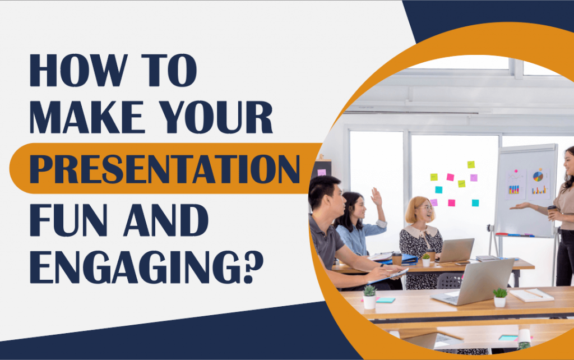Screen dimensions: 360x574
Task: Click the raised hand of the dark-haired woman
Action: (x=377, y=197)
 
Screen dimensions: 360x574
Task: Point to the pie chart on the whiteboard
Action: (x=538, y=176)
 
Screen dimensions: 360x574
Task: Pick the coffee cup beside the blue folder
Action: (x=397, y=258)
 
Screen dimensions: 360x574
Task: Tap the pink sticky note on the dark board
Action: (x=322, y=172)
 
